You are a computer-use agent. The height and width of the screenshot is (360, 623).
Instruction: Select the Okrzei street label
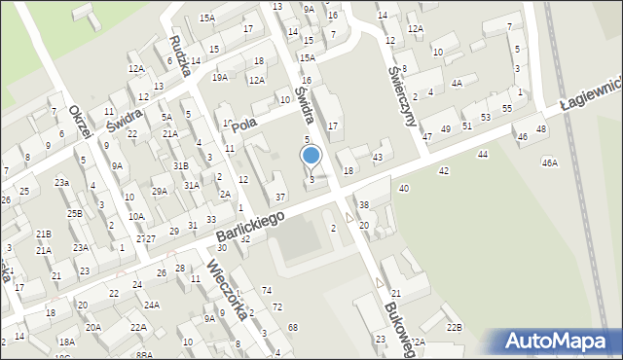(x=80, y=123)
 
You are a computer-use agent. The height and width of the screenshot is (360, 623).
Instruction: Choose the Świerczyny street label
(x=401, y=90)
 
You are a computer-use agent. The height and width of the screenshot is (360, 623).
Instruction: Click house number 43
(x=378, y=158)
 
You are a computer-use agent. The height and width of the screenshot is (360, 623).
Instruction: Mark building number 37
(x=279, y=198)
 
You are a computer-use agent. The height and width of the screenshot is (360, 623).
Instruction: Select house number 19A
(x=221, y=77)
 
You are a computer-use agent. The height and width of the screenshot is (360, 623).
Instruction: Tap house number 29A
(x=160, y=191)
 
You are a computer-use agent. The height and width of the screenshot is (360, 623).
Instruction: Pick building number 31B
(x=181, y=166)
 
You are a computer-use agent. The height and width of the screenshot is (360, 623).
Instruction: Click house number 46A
(x=550, y=162)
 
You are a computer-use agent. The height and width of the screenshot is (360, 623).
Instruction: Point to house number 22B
(x=455, y=327)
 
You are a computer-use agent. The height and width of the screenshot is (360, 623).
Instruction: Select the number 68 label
(x=293, y=328)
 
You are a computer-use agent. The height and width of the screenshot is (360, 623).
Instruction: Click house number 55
(x=507, y=108)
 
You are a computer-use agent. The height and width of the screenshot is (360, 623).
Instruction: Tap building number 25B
(x=75, y=212)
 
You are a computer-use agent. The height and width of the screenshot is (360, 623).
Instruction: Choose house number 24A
(x=152, y=305)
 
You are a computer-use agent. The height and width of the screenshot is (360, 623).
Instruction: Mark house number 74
(x=267, y=291)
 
